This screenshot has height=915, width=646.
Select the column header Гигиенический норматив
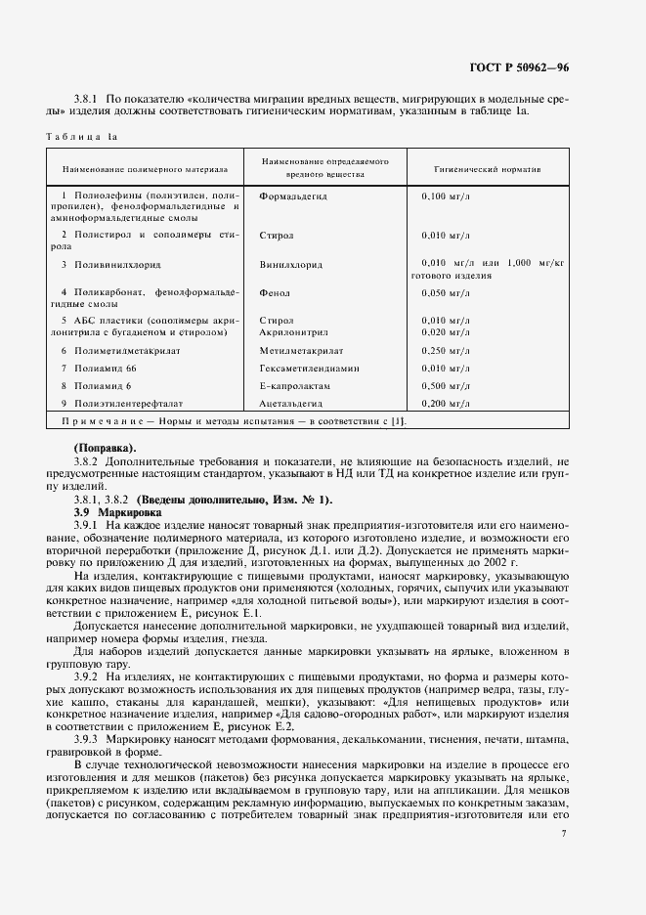pos(488,168)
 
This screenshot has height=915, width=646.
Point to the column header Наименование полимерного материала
pos(145,168)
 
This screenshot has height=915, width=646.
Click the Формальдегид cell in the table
pos(293,196)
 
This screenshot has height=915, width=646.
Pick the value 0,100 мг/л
pos(445,196)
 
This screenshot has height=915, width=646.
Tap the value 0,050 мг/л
pos(445,292)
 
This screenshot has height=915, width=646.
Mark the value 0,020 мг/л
pos(445,332)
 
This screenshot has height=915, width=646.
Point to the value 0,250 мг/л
pos(445,350)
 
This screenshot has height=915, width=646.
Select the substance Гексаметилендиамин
pos(310,369)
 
